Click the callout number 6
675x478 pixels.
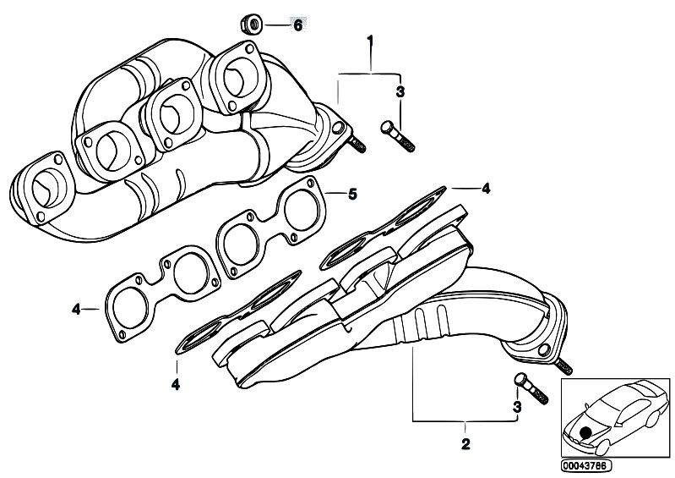298,25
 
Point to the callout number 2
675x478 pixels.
465,443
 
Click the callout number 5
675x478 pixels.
352,195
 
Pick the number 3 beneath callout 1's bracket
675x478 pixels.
400,92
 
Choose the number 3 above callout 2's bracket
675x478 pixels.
516,406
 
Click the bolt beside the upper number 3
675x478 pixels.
398,136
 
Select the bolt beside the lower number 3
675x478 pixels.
531,388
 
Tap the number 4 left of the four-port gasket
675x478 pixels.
76,309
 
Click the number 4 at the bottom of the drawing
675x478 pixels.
176,384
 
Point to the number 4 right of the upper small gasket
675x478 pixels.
486,189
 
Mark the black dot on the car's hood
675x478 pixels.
585,432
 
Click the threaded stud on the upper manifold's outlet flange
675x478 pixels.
357,145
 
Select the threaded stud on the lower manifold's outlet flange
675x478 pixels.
563,367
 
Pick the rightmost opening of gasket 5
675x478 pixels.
302,211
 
